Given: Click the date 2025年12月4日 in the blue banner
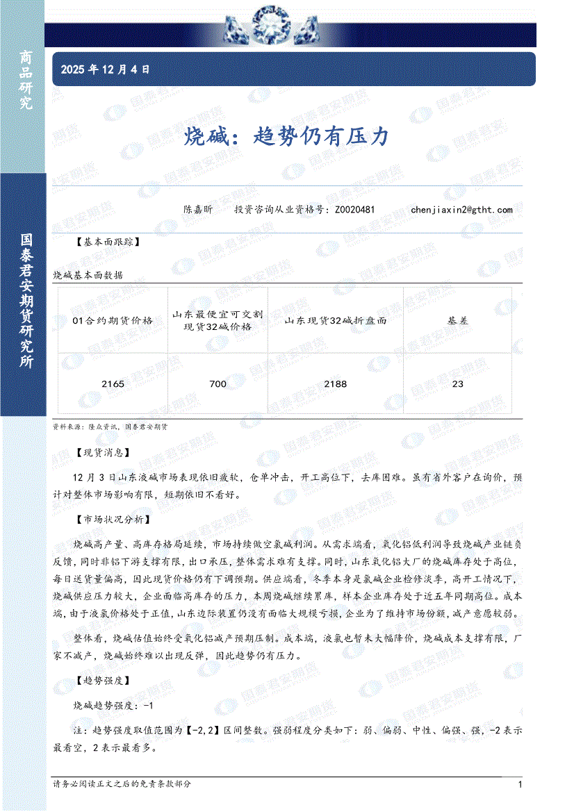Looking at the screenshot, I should (106, 69).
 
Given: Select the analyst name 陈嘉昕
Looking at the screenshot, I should (198, 209).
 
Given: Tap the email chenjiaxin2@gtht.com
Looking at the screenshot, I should (461, 209).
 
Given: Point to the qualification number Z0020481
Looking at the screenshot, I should (354, 209).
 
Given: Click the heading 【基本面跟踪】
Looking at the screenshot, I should (107, 242).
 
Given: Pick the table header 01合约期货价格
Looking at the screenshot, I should (113, 320).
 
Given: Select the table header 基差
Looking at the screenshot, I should (457, 320).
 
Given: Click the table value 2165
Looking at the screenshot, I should (113, 383).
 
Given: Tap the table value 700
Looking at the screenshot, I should (218, 383).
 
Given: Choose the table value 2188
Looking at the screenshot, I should (335, 383).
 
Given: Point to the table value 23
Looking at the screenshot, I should (457, 383).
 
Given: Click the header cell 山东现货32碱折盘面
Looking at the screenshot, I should (335, 320).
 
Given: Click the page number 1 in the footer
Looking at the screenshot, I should (520, 784).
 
